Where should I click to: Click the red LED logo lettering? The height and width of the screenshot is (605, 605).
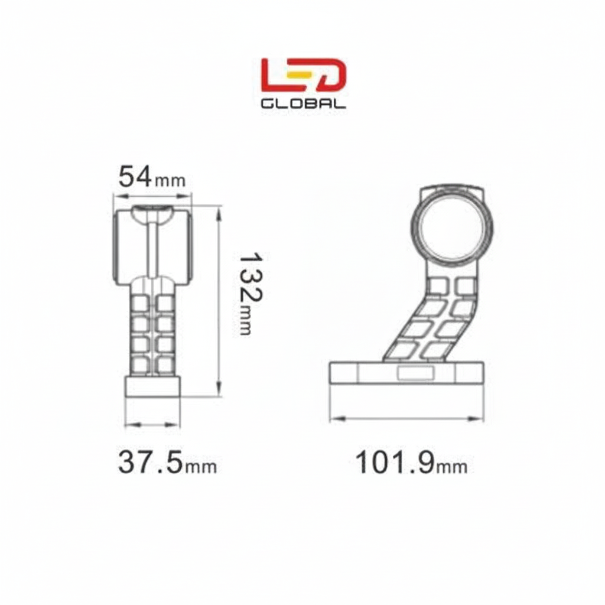point(303,76)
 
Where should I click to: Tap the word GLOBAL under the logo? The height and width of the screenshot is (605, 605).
point(303,103)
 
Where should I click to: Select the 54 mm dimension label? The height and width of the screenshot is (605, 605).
point(152,177)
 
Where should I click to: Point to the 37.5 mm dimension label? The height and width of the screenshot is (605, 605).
point(167,463)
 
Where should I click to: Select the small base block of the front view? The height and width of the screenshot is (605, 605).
point(152,386)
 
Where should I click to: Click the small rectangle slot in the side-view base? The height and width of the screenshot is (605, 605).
point(415,373)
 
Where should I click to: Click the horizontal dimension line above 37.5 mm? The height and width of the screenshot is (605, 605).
point(152,424)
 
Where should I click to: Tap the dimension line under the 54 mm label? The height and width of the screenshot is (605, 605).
point(152,195)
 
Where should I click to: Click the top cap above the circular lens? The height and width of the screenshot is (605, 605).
point(452,192)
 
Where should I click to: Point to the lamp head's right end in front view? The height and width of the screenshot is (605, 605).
point(186,245)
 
